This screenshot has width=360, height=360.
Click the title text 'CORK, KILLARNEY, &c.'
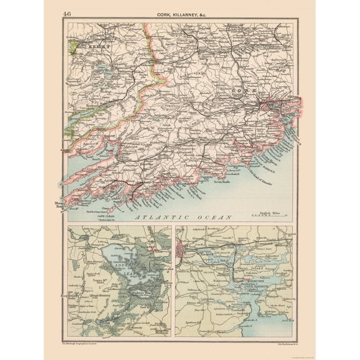click(181, 13)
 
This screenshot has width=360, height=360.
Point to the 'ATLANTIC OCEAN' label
click(182, 217)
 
